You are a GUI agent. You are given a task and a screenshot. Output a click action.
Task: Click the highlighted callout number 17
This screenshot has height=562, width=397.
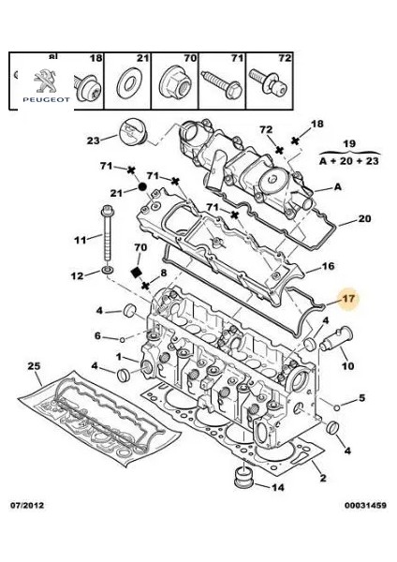click(x=347, y=300)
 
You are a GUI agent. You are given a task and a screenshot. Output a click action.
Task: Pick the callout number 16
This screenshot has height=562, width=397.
click(x=328, y=266)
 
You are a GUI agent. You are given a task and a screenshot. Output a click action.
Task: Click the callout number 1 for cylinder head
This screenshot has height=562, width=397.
click(x=119, y=357)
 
